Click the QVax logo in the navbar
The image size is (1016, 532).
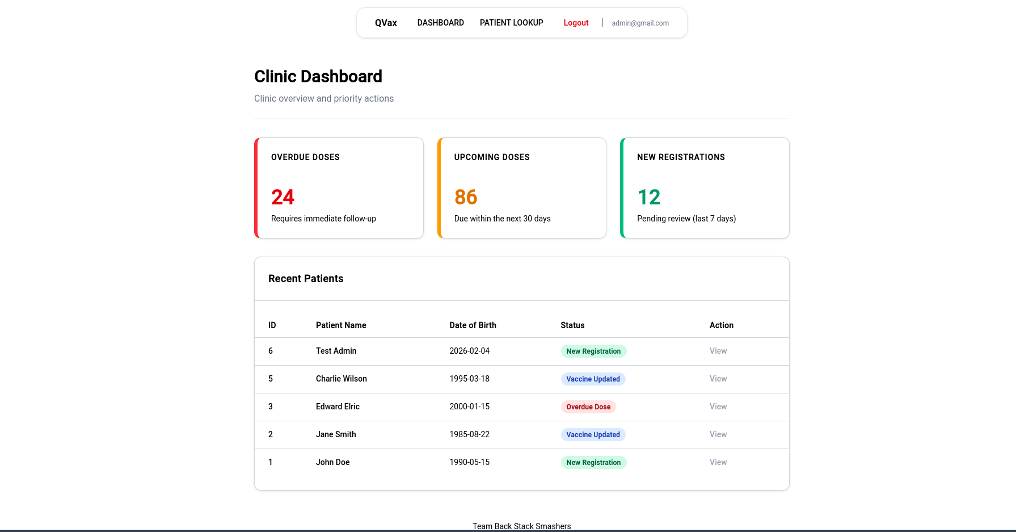click(x=386, y=23)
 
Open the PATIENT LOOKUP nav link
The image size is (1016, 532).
click(x=511, y=23)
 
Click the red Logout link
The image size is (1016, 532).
click(x=576, y=23)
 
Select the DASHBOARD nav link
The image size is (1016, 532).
click(x=440, y=23)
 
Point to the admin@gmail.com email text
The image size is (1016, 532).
click(x=640, y=23)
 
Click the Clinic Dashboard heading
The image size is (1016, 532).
click(x=318, y=77)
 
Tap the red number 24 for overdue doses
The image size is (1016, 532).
click(x=283, y=197)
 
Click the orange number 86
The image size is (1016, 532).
click(x=466, y=197)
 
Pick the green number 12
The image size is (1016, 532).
click(x=649, y=197)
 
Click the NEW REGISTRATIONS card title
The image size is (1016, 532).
click(x=681, y=157)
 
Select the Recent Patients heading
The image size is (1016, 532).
click(x=306, y=279)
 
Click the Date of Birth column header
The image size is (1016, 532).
click(x=473, y=325)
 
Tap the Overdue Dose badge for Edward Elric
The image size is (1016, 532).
click(x=588, y=407)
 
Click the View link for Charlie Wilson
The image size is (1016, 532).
click(x=718, y=379)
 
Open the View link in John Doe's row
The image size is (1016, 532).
click(x=718, y=462)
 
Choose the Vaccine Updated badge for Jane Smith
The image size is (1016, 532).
click(x=593, y=434)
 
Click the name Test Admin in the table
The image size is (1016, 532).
click(x=336, y=351)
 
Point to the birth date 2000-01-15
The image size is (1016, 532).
click(x=469, y=407)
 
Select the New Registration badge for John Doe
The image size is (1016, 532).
click(x=593, y=462)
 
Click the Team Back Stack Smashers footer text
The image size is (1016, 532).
click(x=521, y=526)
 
